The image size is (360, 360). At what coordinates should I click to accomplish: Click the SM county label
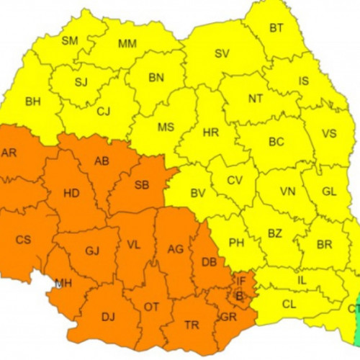point(70,40)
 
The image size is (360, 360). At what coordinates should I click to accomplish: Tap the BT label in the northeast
point(276,28)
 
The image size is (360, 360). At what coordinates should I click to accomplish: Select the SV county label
point(222,53)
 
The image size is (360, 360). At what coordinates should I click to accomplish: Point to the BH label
point(33,102)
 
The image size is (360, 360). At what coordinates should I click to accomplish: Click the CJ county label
point(104,111)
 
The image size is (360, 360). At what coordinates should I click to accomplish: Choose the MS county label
point(166,127)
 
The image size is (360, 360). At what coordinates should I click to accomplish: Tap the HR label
point(211,132)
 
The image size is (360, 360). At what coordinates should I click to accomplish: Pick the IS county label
point(303,81)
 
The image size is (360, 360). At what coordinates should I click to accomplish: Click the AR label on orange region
point(9,153)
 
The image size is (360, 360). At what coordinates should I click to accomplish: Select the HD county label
point(71,193)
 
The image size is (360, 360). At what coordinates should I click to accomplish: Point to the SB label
point(142,185)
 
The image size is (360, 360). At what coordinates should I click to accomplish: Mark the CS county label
point(23,239)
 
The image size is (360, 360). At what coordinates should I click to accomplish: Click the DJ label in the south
point(109,315)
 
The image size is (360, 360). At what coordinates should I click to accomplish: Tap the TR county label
point(192,325)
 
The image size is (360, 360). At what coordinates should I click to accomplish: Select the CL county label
point(289,305)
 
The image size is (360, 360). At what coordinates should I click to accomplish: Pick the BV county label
point(198,192)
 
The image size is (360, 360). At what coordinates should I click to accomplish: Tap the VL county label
point(134,245)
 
